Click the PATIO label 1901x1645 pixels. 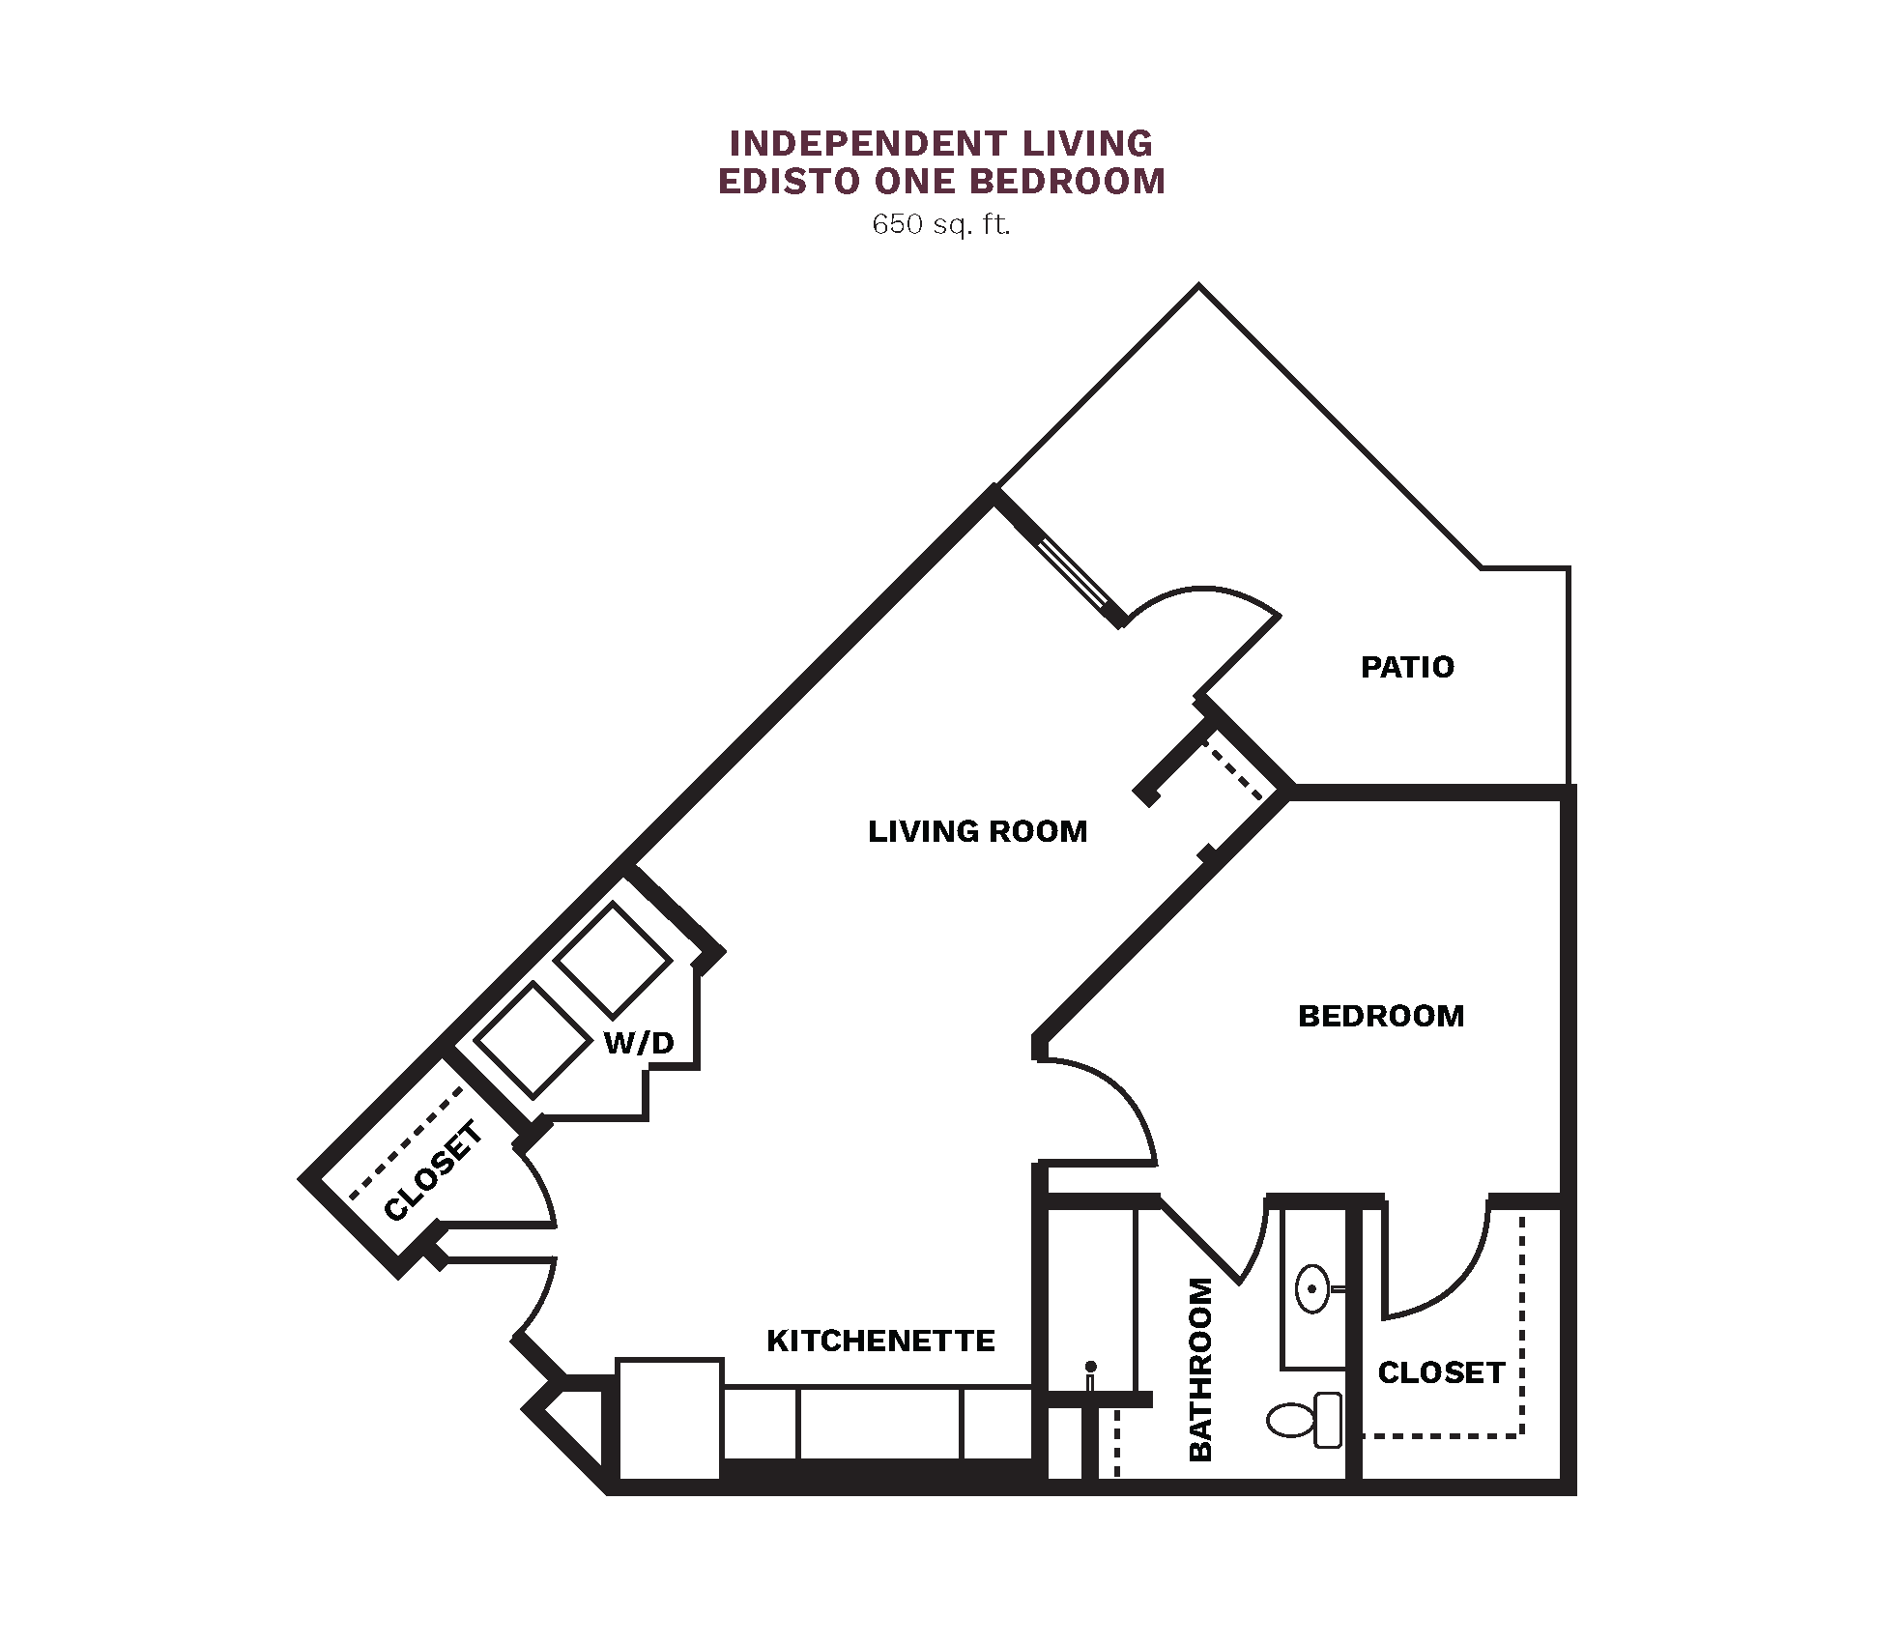tap(1406, 667)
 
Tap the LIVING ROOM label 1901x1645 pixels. tap(977, 831)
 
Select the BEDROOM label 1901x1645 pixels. tap(1380, 1016)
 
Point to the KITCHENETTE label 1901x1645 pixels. tap(880, 1341)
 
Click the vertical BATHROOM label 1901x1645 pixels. tap(1199, 1370)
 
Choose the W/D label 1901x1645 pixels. tap(638, 1043)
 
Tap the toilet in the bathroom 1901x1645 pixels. tap(1304, 1420)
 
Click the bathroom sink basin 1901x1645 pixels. tap(1311, 1288)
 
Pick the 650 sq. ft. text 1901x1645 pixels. tap(940, 225)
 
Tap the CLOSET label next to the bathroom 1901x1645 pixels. tap(1441, 1372)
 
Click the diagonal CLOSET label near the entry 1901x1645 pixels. tap(433, 1170)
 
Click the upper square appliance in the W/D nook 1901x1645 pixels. tap(613, 960)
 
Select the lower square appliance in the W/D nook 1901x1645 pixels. tap(533, 1040)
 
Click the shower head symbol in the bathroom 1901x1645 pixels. tap(1090, 1375)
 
